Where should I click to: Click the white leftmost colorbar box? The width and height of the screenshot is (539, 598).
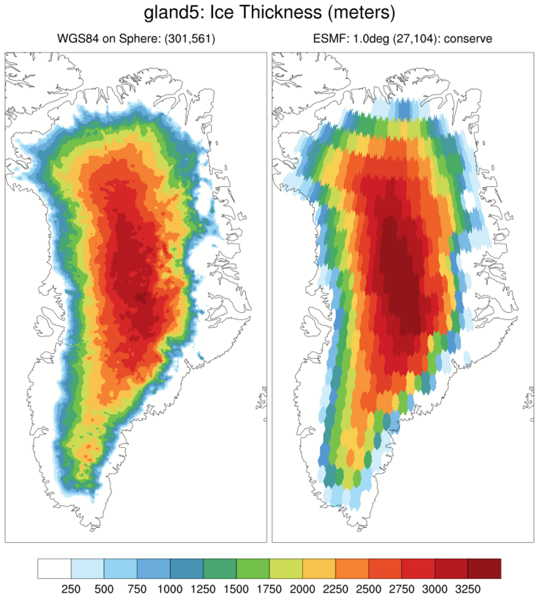click(54, 569)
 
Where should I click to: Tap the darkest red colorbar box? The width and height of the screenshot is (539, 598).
click(484, 569)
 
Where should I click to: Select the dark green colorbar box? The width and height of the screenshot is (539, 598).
click(219, 569)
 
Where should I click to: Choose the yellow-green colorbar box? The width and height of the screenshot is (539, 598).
click(286, 569)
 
